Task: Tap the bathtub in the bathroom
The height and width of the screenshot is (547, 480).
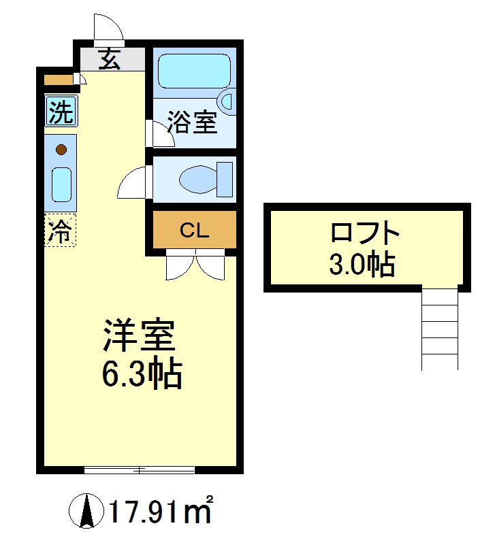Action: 194,70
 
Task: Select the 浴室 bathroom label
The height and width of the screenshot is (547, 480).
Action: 192,122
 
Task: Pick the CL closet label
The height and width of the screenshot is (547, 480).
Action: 193,230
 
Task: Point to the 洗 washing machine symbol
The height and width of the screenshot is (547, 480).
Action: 61,112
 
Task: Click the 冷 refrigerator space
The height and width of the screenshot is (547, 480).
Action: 61,230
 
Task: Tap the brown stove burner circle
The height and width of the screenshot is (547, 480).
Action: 61,149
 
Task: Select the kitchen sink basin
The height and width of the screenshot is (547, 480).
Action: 61,184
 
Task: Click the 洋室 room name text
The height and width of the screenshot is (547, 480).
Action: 139,335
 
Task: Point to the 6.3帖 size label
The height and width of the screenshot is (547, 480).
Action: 142,373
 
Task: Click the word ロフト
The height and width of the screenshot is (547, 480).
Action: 364,233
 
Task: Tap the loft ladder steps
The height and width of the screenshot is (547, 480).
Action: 439,329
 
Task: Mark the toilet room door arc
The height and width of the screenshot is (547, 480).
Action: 132,182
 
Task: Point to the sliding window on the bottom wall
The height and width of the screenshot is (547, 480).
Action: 140,469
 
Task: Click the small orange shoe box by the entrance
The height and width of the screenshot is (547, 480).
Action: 57,80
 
